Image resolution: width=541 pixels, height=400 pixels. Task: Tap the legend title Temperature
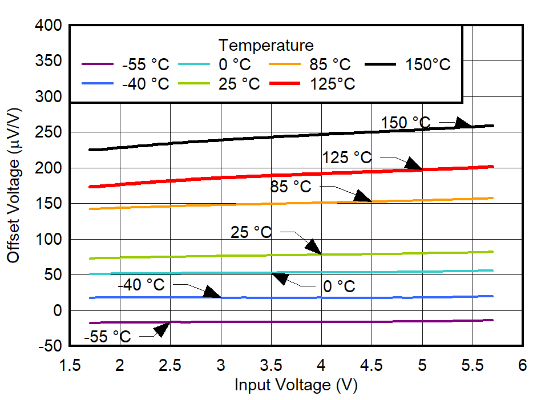click(266, 45)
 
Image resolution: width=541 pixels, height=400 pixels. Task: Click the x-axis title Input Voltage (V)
click(296, 385)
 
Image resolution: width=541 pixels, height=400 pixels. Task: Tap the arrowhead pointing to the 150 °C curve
click(464, 123)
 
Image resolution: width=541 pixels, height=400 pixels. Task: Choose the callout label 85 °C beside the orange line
click(291, 187)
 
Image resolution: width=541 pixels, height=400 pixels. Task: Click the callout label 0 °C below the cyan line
click(338, 286)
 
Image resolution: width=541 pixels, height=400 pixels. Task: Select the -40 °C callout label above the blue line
click(141, 284)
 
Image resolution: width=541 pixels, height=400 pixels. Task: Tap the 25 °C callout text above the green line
click(251, 232)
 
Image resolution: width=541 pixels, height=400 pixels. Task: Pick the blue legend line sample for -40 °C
click(99, 84)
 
